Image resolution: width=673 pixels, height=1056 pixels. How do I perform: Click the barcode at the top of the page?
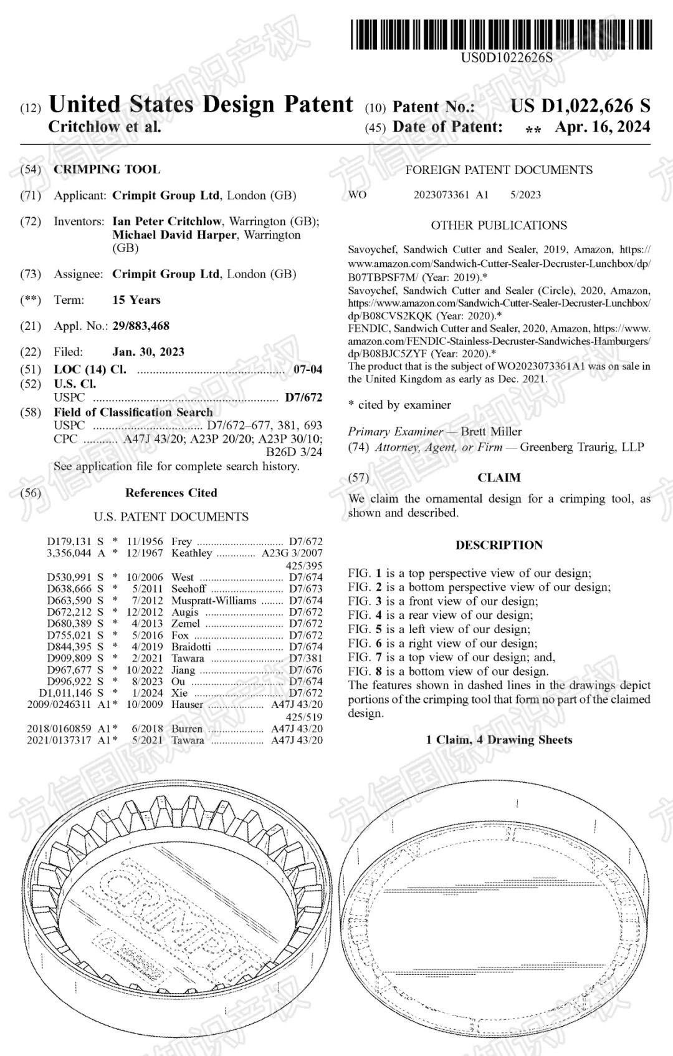pyautogui.click(x=502, y=34)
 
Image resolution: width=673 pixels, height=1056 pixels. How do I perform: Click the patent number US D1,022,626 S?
pyautogui.click(x=580, y=106)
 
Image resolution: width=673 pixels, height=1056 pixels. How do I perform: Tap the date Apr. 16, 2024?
pyautogui.click(x=602, y=127)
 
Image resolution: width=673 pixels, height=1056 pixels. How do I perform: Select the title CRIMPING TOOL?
pyautogui.click(x=107, y=170)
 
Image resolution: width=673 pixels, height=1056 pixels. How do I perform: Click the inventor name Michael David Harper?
pyautogui.click(x=174, y=235)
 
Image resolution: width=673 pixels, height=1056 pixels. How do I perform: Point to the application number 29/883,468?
pyautogui.click(x=141, y=326)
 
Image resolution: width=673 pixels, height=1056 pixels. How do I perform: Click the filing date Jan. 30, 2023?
pyautogui.click(x=148, y=352)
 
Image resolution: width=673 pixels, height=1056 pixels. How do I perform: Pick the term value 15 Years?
pyautogui.click(x=136, y=300)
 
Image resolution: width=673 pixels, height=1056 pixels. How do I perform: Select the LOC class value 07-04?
pyautogui.click(x=308, y=369)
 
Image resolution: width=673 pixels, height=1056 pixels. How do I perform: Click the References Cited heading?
pyautogui.click(x=171, y=493)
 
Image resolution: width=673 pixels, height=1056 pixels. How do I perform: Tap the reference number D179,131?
pyautogui.click(x=69, y=541)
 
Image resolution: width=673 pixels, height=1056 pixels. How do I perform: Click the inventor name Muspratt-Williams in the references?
pyautogui.click(x=214, y=600)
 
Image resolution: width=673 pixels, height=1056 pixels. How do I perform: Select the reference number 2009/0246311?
pyautogui.click(x=59, y=704)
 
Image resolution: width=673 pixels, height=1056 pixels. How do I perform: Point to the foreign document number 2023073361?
pyautogui.click(x=441, y=195)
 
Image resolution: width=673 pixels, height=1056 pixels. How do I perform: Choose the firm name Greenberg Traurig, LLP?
pyautogui.click(x=582, y=447)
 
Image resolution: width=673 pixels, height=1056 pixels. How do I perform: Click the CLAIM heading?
pyautogui.click(x=499, y=478)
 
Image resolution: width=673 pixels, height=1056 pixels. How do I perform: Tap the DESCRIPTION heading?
pyautogui.click(x=499, y=545)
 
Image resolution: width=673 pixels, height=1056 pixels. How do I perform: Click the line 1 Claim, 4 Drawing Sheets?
pyautogui.click(x=499, y=740)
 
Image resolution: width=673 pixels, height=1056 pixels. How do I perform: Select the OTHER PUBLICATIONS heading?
pyautogui.click(x=499, y=225)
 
